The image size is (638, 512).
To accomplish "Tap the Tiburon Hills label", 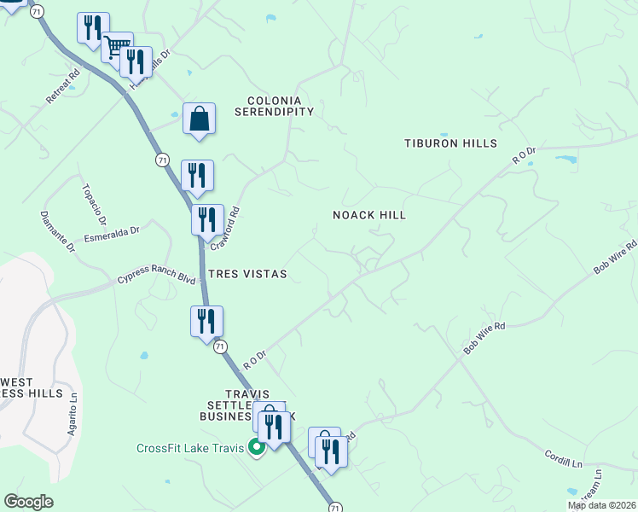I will pyautogui.click(x=450, y=143).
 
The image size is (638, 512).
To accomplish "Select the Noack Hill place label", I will pyautogui.click(x=369, y=216).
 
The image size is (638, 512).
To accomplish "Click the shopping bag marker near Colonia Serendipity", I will pyautogui.click(x=199, y=118).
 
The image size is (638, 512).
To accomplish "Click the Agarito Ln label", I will pyautogui.click(x=74, y=417).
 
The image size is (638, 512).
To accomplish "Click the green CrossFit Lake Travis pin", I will pyautogui.click(x=255, y=447).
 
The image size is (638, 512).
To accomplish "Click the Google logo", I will pyautogui.click(x=28, y=502).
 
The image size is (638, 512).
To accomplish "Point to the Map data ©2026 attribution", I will pyautogui.click(x=600, y=505).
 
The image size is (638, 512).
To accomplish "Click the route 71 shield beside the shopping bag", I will pyautogui.click(x=163, y=160).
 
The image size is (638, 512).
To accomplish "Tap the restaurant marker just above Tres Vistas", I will pyautogui.click(x=207, y=221).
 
